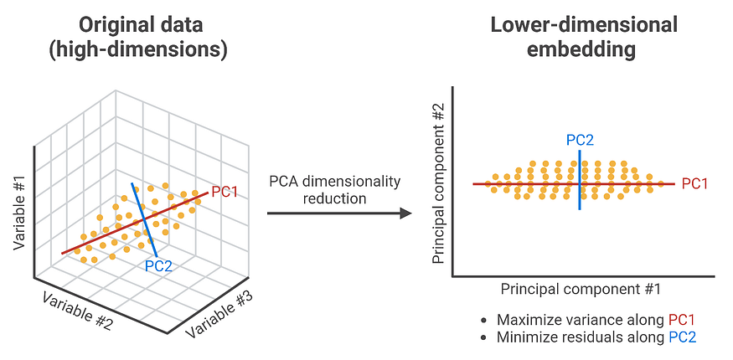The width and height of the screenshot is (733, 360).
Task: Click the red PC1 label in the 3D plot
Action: [x=225, y=192]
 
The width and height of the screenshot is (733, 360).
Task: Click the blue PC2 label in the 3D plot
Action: [x=159, y=266]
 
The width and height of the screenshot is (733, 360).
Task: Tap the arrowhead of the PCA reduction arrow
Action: [x=405, y=213]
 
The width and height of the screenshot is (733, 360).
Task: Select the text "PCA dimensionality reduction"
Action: [x=335, y=190]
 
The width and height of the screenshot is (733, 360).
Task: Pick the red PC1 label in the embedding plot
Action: [x=695, y=183]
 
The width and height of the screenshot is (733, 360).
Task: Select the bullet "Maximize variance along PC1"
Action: [x=594, y=320]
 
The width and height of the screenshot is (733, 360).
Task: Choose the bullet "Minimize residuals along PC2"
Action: [x=594, y=338]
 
